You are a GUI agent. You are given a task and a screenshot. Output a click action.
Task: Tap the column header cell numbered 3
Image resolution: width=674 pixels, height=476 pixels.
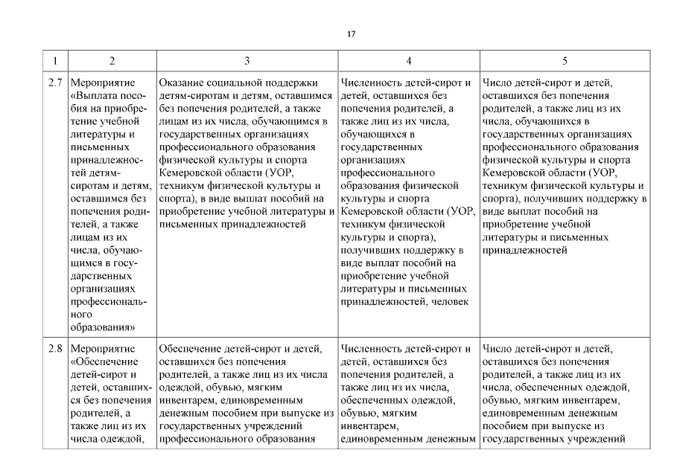(247, 59)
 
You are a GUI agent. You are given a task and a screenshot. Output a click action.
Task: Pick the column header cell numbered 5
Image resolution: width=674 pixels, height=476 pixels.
(565, 59)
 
